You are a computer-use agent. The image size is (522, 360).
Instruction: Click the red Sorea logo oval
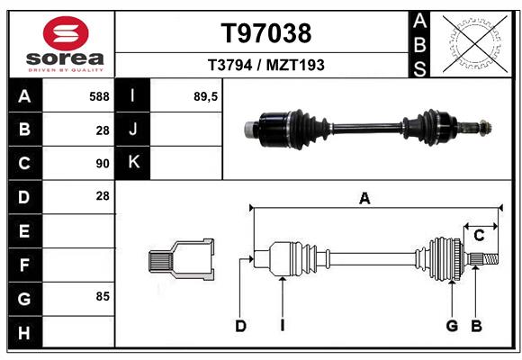(66, 33)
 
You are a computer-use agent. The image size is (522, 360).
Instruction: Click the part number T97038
(266, 33)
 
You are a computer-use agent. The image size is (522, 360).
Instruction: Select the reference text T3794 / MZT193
(266, 65)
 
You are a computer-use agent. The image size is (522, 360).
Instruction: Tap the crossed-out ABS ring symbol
(476, 44)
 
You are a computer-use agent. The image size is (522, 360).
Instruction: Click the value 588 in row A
(99, 96)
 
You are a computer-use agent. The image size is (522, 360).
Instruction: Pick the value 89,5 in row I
(205, 96)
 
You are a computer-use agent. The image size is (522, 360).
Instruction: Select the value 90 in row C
(103, 164)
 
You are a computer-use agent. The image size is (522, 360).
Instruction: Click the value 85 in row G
(103, 296)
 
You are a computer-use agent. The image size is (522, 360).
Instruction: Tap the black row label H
(25, 332)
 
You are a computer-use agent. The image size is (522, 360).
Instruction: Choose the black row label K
(132, 162)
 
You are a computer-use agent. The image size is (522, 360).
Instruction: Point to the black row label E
(25, 230)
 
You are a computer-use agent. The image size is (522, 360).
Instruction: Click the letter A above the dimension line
(364, 199)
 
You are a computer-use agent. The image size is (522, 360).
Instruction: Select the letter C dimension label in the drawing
(479, 236)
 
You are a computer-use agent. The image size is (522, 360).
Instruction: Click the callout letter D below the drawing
(240, 326)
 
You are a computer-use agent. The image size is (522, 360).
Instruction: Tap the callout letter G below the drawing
(452, 326)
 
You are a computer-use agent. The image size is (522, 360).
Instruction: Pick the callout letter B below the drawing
(476, 326)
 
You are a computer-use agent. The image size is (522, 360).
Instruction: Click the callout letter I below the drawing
(283, 326)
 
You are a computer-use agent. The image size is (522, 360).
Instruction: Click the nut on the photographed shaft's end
(485, 128)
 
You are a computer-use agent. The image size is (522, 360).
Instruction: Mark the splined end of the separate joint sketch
(160, 261)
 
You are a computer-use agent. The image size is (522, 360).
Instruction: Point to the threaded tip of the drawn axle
(490, 259)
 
